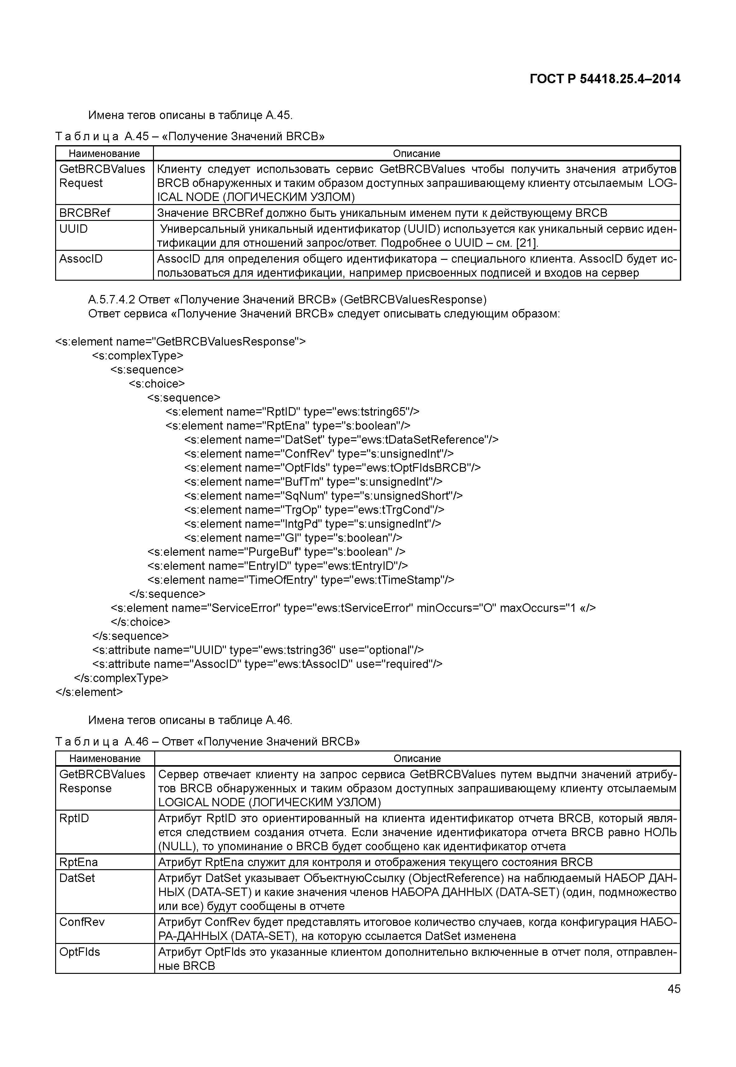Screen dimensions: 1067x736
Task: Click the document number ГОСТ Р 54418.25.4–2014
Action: (605, 79)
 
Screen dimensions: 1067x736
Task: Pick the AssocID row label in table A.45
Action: (81, 259)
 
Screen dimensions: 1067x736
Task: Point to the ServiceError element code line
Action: (353, 608)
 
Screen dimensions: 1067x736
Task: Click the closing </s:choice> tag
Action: (140, 622)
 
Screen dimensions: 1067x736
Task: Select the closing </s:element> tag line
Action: (89, 692)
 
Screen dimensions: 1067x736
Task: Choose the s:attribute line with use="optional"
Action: (257, 650)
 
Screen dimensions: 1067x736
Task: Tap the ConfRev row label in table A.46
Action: (82, 922)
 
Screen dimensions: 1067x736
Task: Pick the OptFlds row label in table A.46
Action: (79, 952)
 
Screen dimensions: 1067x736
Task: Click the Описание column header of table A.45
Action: (416, 154)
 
